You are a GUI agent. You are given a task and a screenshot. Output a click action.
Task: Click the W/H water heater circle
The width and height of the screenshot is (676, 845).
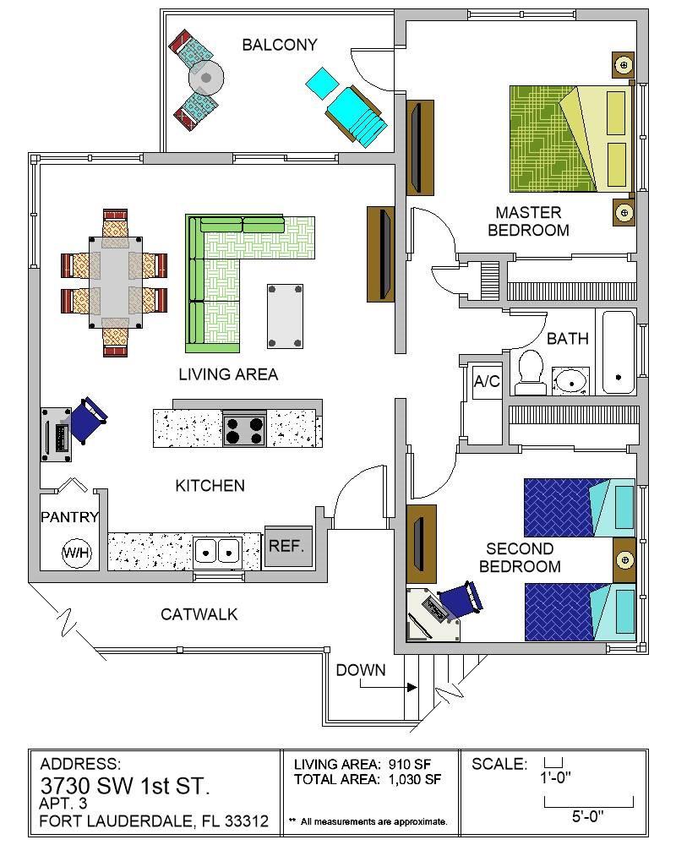[x=77, y=553]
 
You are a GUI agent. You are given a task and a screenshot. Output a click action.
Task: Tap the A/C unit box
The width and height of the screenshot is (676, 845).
[x=487, y=382]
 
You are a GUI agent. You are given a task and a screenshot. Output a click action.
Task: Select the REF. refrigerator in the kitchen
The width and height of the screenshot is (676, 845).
[x=288, y=546]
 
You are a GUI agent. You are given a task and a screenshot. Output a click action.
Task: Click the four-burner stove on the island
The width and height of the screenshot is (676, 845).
[x=245, y=428]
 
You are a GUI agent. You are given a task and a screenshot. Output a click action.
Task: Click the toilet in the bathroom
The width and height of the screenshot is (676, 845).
[x=530, y=373]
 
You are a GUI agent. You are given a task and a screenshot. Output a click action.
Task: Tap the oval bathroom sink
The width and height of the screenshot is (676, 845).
[x=570, y=381]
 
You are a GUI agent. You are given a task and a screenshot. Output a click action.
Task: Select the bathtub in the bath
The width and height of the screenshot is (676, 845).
[x=618, y=352]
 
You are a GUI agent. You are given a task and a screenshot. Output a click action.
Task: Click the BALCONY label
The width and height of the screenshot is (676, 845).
[x=280, y=45]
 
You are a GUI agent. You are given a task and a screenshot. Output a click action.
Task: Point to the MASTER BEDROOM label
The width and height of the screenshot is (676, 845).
[x=528, y=221]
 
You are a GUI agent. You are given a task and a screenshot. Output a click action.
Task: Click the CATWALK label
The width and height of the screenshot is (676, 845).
[x=199, y=614]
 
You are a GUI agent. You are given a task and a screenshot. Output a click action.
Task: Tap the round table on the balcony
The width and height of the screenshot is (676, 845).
[x=206, y=78]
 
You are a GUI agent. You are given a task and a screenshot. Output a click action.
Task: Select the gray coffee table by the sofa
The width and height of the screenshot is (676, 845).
[x=285, y=316]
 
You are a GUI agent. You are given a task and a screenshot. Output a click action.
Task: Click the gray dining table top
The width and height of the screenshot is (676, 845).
[x=116, y=282]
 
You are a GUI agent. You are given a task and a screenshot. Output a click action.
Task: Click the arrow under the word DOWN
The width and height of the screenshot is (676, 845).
[x=388, y=685]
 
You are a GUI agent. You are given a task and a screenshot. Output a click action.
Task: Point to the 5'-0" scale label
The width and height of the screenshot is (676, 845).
[x=587, y=817]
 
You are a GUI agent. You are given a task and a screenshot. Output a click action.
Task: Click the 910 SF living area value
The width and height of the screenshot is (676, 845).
[x=410, y=764]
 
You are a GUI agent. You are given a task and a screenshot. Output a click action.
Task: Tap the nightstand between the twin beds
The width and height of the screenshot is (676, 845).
[x=624, y=560]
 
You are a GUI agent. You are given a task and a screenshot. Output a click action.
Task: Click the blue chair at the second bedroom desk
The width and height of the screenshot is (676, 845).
[x=461, y=598]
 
